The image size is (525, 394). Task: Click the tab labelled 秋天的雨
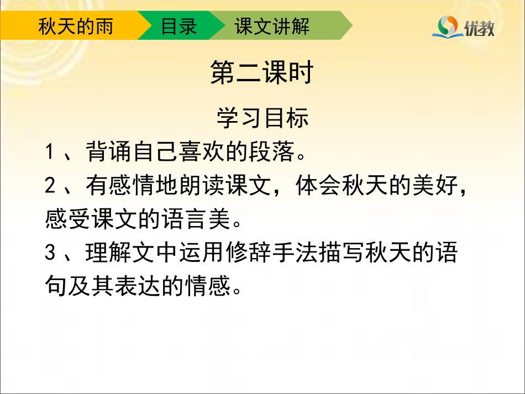(x=75, y=26)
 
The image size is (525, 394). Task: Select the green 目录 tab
(x=179, y=26)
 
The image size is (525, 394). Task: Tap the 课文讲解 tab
(x=272, y=26)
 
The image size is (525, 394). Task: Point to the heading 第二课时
(x=262, y=73)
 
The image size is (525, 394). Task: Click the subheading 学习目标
(x=262, y=118)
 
